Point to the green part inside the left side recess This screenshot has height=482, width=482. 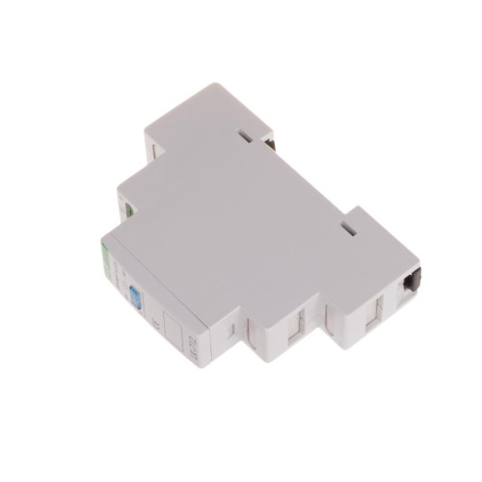(x=128, y=210)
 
